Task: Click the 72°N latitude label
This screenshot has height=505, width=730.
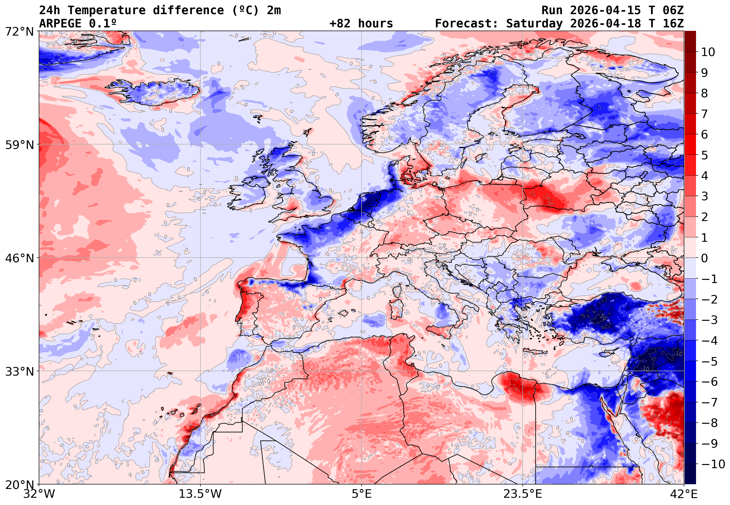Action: click(19, 32)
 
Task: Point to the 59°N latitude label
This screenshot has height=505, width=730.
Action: click(19, 145)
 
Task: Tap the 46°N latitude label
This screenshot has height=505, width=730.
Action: click(19, 258)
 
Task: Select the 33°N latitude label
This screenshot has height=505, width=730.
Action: click(19, 372)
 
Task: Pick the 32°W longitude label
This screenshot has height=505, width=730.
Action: click(39, 494)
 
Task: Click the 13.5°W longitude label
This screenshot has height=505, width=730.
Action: click(200, 494)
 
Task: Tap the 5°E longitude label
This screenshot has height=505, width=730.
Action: click(362, 494)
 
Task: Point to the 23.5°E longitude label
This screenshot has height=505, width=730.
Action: click(523, 494)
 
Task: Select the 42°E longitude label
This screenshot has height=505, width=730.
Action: click(684, 494)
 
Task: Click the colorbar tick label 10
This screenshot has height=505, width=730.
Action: click(708, 52)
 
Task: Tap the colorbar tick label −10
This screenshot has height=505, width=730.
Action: click(713, 464)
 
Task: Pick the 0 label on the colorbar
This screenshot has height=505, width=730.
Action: click(705, 258)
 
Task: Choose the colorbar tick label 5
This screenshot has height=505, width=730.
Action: click(705, 155)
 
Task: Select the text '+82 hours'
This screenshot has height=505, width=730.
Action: click(361, 24)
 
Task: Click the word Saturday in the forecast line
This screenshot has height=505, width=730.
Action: click(534, 24)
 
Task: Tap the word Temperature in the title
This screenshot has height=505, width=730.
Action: click(106, 10)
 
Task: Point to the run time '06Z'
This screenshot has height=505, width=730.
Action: click(673, 10)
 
